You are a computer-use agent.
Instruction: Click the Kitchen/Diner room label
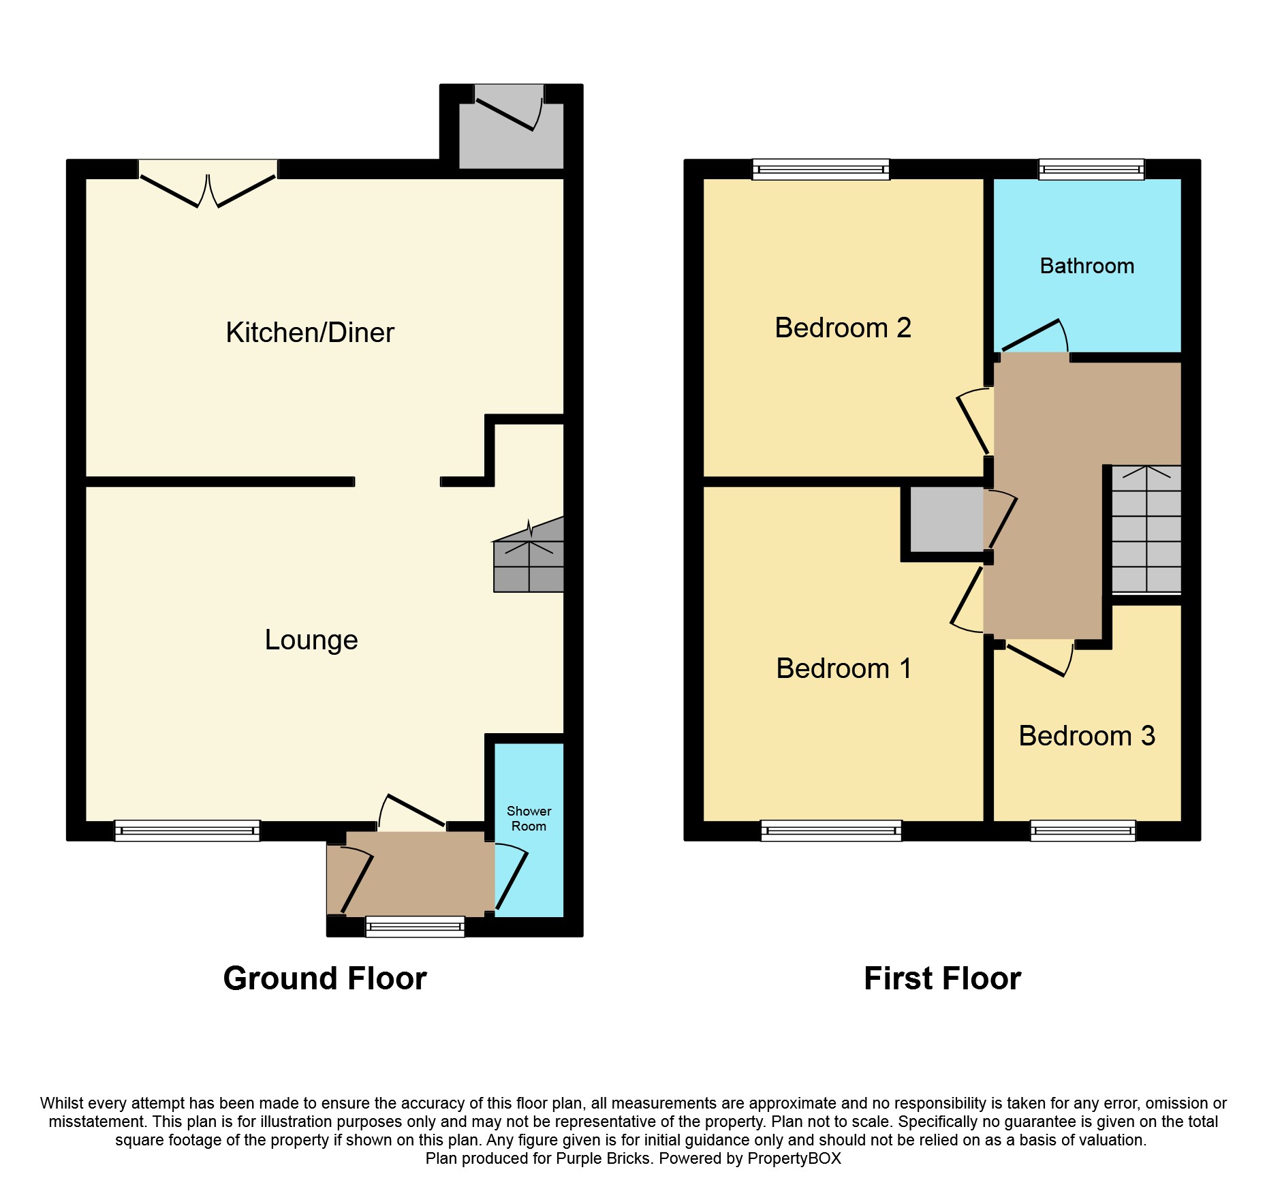coord(310,333)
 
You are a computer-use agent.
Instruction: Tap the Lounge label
coord(311,640)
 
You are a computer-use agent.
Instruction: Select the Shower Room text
coord(529,818)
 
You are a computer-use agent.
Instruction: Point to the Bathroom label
coord(1087,266)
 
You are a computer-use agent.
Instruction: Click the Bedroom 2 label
coord(843,328)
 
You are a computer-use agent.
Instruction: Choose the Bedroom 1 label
coord(843,668)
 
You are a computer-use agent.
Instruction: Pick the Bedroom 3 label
coord(1087,736)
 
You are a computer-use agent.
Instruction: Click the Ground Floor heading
coord(325,978)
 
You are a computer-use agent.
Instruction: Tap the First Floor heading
coord(942,978)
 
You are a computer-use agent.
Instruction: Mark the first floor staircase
coord(1146,529)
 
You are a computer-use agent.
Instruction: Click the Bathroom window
coord(1091,169)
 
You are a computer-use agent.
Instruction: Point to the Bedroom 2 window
coord(821,169)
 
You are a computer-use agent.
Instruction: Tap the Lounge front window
coord(187,831)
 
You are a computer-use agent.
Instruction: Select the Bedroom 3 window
coord(1083,831)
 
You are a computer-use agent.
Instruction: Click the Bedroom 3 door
coord(1039,658)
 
